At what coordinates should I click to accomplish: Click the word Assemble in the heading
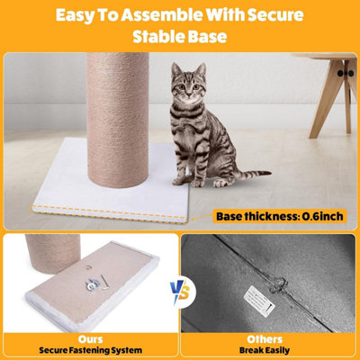click(x=161, y=15)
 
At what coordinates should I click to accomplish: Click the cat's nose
click(x=188, y=94)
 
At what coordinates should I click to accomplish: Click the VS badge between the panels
click(x=180, y=292)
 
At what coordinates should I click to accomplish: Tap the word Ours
click(x=90, y=339)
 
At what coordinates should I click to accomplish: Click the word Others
click(x=265, y=339)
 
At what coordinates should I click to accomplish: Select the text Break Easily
click(x=265, y=350)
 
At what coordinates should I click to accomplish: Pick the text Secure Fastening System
click(x=90, y=350)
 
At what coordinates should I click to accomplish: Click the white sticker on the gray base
click(x=259, y=301)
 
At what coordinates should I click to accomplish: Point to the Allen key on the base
click(x=104, y=283)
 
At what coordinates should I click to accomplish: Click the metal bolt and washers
click(x=92, y=284)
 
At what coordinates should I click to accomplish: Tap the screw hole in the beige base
click(x=88, y=267)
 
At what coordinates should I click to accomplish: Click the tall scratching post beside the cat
click(x=118, y=120)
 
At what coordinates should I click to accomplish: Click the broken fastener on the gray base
click(x=278, y=285)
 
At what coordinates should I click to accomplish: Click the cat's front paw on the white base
click(x=179, y=181)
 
